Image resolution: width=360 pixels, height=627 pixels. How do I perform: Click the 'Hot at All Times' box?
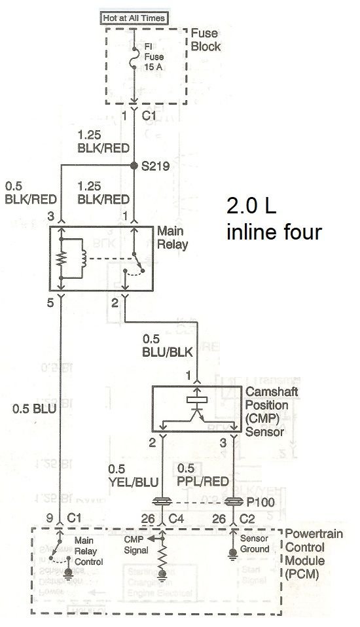[134, 18]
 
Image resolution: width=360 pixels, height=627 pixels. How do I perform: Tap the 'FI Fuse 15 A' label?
[154, 57]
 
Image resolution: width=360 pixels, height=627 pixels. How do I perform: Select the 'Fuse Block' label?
[206, 39]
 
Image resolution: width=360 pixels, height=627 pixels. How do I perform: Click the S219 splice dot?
[134, 165]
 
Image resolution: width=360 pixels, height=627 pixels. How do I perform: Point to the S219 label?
[155, 166]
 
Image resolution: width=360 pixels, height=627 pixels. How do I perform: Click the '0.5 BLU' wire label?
[34, 408]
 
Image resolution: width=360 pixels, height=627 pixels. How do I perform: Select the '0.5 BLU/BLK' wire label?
[168, 345]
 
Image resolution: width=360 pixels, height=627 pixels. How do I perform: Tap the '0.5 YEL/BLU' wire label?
[134, 475]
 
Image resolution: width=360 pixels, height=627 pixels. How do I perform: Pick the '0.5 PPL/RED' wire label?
[203, 475]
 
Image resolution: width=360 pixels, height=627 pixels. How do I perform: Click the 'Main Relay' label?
[172, 238]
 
